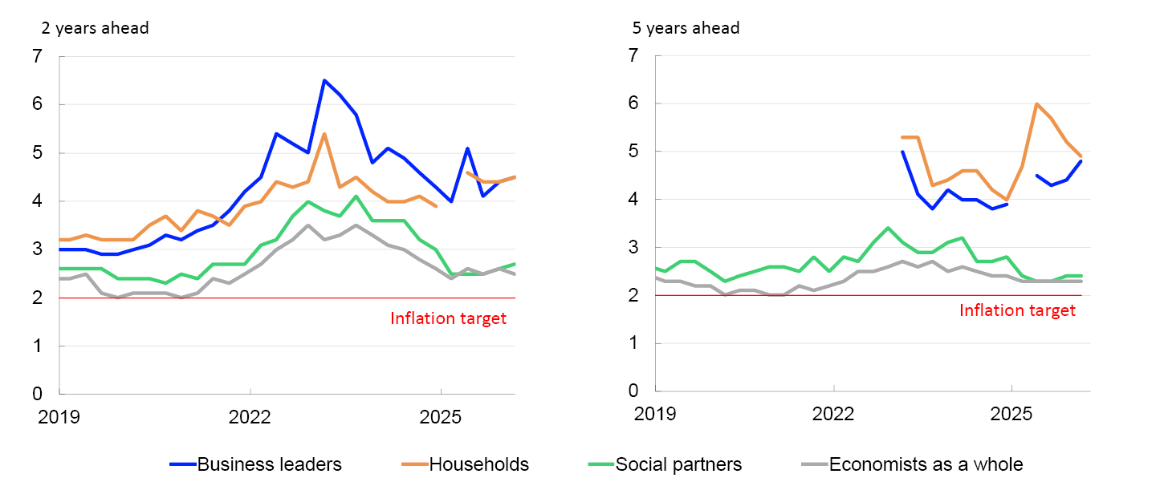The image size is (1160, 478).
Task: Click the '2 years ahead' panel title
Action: coord(95,28)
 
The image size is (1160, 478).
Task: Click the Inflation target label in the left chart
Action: coord(448,318)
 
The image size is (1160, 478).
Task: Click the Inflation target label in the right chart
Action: coord(1017,310)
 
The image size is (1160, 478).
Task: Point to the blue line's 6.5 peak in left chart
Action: coord(324,80)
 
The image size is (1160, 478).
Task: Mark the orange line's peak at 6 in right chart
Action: coord(1037,103)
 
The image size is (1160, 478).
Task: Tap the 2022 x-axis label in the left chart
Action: coord(250,417)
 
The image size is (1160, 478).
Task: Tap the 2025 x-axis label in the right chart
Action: coord(1011,414)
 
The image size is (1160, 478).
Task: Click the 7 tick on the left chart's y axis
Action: coord(37,56)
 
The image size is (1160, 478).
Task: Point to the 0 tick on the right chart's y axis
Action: coord(633,391)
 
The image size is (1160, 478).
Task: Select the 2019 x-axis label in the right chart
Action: coord(656,414)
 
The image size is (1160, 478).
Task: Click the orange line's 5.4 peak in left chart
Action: coord(324,133)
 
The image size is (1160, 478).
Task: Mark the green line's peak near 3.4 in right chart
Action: coord(888,228)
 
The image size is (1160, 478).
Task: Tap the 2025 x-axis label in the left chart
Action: coord(440,417)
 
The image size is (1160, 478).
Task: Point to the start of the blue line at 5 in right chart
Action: coord(902,152)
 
